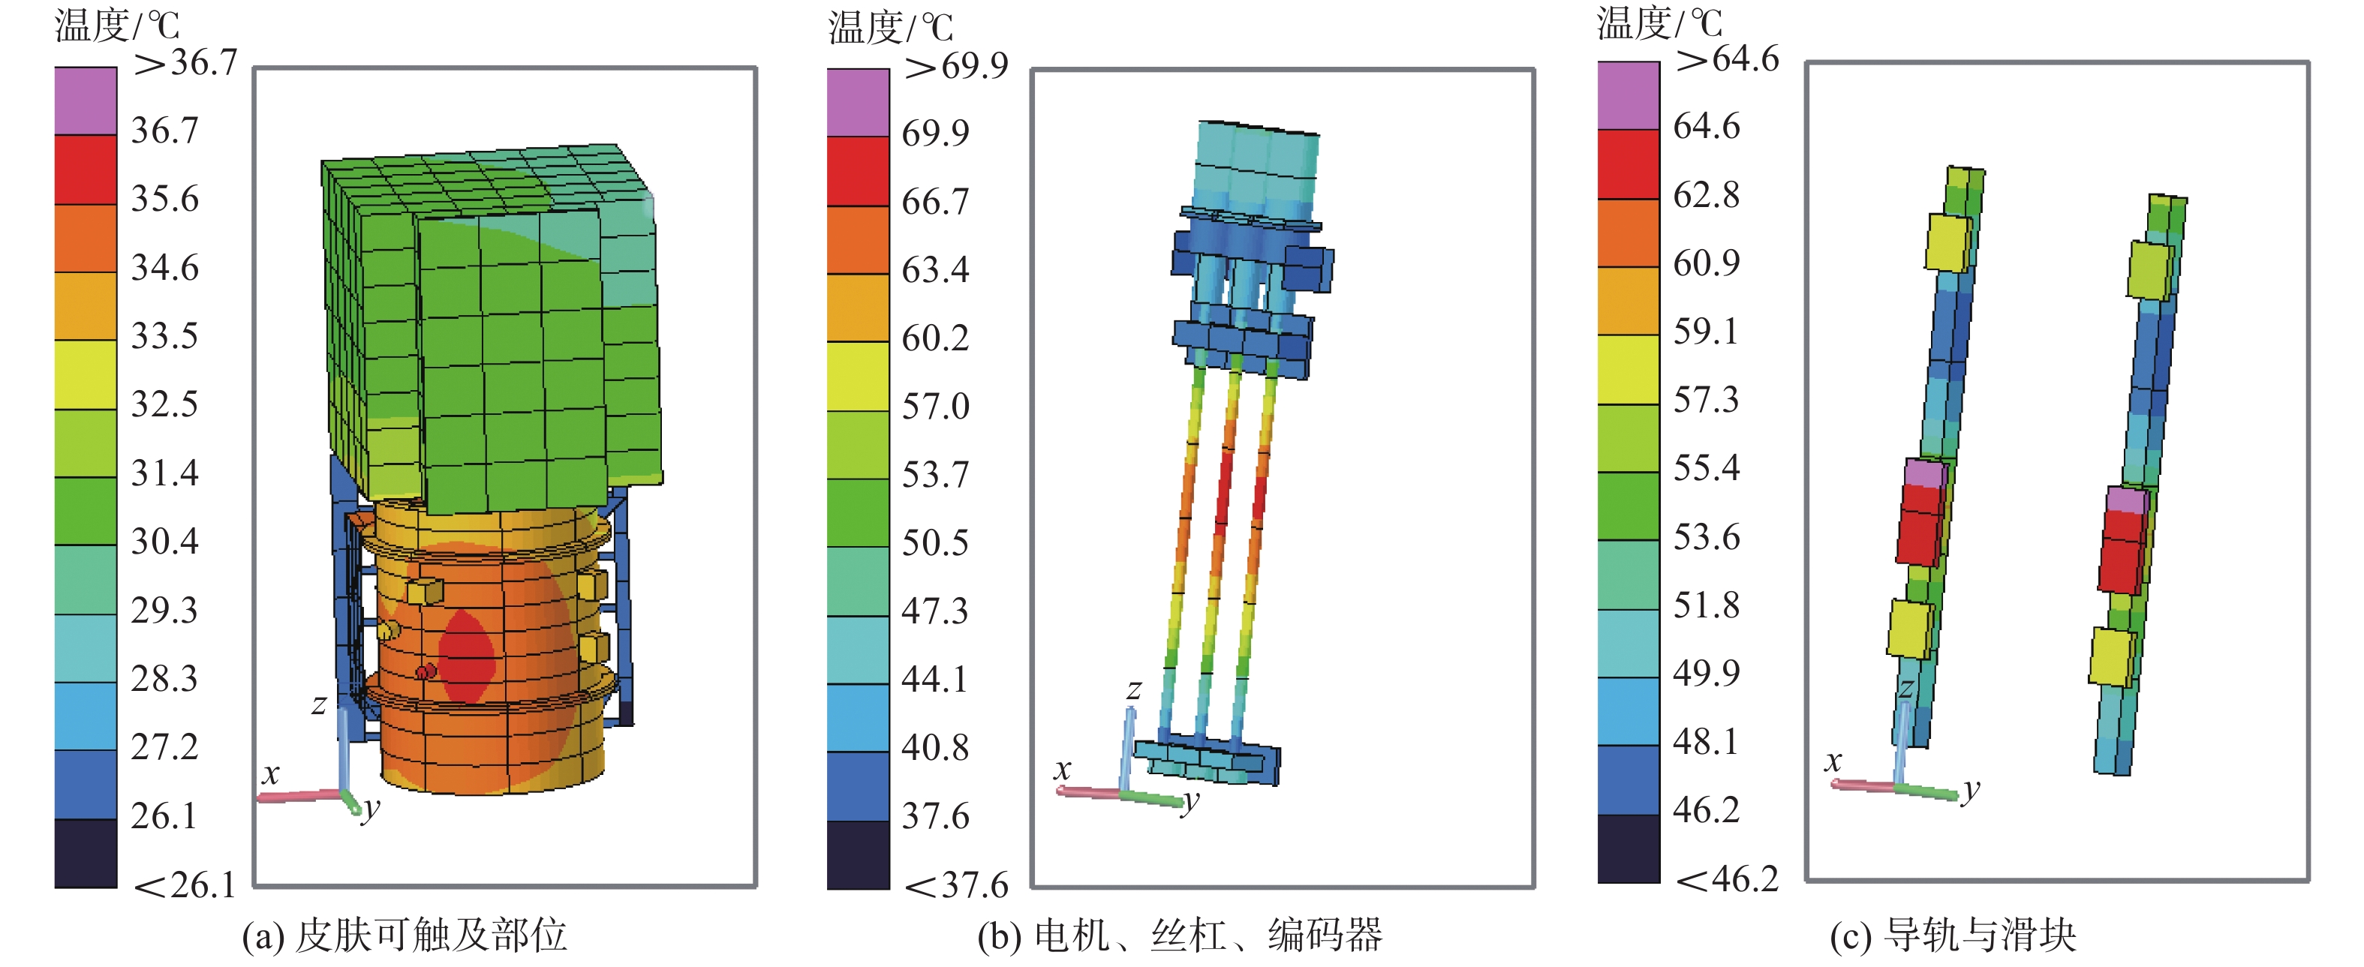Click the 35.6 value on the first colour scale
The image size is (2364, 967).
165,199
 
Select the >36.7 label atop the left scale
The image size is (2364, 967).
185,62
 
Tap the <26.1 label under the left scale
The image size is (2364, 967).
185,885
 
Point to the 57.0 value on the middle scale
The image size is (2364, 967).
935,407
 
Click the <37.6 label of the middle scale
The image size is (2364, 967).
956,885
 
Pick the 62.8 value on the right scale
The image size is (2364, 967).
1706,194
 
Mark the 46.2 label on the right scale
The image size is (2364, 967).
1706,810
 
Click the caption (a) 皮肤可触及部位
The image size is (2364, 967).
405,935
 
